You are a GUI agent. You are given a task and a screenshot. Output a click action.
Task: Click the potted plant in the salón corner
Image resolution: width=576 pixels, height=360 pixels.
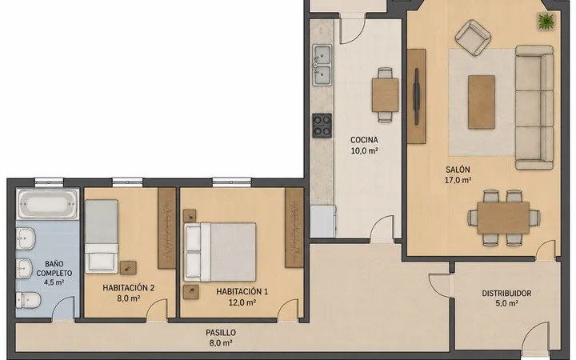click(x=546, y=22)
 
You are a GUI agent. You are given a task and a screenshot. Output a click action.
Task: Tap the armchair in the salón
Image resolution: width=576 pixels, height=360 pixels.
click(x=473, y=38)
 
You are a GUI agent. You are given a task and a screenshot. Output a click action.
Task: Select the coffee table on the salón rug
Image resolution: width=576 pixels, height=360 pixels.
click(x=482, y=102)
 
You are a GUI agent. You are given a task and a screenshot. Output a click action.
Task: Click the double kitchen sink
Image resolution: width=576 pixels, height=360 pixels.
click(x=322, y=65)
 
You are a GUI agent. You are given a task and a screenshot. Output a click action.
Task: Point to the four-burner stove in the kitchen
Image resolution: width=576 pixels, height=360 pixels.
click(x=322, y=126)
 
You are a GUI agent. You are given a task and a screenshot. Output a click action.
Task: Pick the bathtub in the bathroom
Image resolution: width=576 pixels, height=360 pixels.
click(x=48, y=204)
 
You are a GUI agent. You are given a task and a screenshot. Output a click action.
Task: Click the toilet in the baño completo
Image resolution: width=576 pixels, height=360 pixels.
click(x=28, y=300)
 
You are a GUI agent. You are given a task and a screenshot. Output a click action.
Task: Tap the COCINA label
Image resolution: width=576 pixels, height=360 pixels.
click(x=364, y=139)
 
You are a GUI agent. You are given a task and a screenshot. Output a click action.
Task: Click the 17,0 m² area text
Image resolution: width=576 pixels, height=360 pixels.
click(x=458, y=180)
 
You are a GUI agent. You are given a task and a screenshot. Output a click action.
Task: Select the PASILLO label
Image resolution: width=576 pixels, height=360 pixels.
click(x=221, y=333)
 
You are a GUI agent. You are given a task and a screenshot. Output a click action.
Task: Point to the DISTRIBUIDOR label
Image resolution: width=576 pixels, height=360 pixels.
click(x=506, y=293)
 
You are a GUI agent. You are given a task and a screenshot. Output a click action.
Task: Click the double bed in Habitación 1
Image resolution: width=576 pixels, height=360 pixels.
click(x=220, y=252)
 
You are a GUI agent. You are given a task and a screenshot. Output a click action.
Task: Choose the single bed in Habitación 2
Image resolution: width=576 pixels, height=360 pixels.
click(x=102, y=236)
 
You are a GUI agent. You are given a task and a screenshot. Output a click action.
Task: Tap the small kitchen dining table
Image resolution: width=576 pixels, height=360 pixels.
click(x=385, y=94)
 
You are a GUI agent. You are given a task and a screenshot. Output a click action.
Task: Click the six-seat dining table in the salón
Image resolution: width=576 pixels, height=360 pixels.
click(x=503, y=218)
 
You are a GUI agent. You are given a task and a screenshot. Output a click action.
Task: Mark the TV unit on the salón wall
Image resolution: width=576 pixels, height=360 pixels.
click(x=417, y=96)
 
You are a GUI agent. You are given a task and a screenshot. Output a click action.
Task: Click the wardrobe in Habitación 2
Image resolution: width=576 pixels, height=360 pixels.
click(x=166, y=228)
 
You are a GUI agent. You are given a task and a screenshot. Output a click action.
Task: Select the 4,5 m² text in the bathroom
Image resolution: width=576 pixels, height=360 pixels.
click(x=54, y=282)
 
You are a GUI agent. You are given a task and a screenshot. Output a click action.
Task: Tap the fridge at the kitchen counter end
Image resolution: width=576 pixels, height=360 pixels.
click(x=322, y=221)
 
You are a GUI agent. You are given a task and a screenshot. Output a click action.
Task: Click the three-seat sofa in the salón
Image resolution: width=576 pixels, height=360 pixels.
click(x=534, y=107)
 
